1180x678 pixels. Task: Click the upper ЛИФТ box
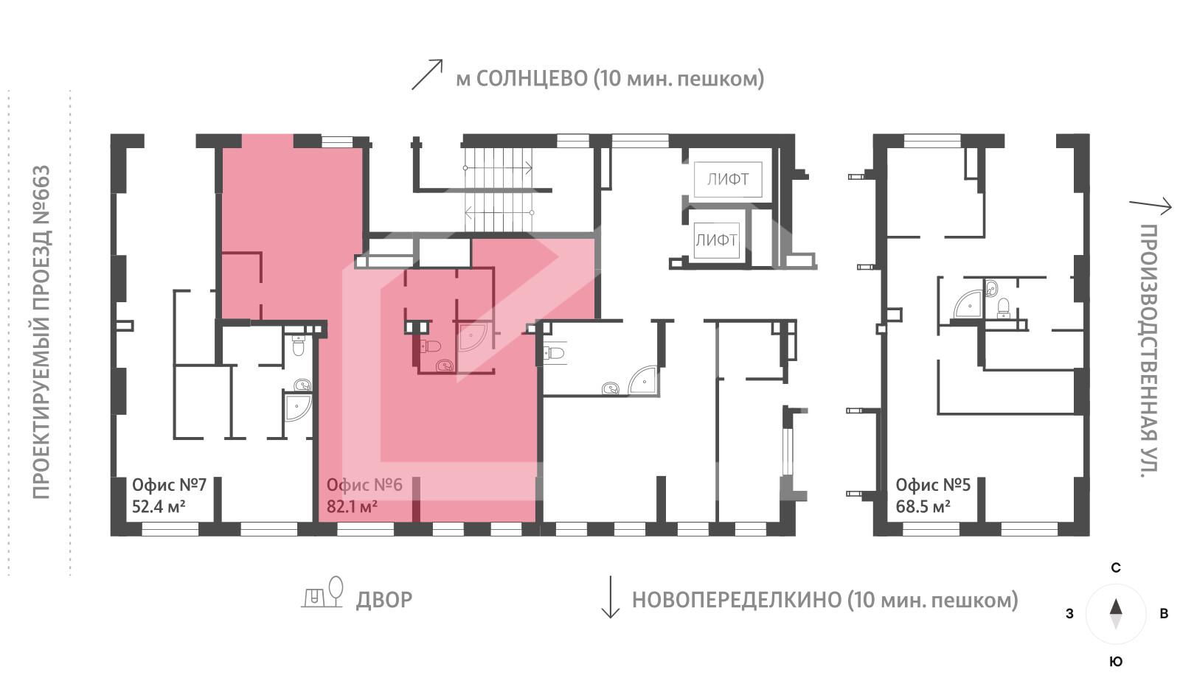727,179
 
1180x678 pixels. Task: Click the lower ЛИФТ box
715,240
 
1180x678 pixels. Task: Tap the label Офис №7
169,485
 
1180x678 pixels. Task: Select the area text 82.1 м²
352,506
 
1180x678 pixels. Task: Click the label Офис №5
932,485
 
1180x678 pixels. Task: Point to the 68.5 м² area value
922,507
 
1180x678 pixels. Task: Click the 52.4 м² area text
158,507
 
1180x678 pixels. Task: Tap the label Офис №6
364,485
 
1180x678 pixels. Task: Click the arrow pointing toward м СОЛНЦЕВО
427,74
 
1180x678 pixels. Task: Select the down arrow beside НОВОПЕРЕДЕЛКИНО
610,598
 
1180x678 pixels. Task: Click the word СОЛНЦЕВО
532,78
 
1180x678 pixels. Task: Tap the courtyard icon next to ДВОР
323,593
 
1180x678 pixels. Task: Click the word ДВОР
383,600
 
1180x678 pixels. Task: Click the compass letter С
1116,567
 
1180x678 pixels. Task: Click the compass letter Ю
1116,661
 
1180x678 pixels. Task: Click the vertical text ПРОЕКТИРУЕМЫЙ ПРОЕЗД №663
41,332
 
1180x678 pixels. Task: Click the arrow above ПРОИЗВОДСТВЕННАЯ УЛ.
1150,206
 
